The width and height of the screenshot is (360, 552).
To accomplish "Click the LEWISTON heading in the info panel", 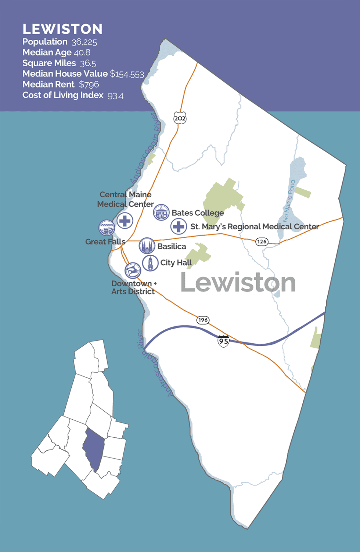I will [x=62, y=29].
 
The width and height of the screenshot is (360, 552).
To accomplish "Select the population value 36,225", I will [x=84, y=42].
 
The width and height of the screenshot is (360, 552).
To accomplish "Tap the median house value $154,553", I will [x=127, y=74].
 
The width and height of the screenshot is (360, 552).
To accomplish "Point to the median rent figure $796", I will [x=89, y=85].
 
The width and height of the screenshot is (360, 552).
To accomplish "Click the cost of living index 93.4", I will [x=115, y=96].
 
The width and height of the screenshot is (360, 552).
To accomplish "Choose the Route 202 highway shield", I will [x=180, y=118].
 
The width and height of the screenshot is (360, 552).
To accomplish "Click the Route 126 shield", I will [x=262, y=241].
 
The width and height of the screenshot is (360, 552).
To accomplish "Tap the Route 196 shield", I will [x=203, y=320].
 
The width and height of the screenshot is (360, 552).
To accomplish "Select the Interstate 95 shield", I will [x=223, y=341].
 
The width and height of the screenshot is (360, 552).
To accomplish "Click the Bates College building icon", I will [x=161, y=212].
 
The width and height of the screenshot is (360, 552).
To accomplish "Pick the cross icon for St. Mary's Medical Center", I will [x=179, y=226].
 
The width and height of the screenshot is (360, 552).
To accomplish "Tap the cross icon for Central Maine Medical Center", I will [x=125, y=221].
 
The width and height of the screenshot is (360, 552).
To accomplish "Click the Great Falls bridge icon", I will [x=107, y=228].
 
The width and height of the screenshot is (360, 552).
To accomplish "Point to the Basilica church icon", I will [x=147, y=246].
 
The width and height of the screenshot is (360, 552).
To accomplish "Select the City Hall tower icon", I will [x=150, y=263].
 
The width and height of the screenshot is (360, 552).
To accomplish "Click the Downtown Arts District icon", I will [x=133, y=271].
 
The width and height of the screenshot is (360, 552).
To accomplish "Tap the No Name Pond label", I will [x=289, y=201].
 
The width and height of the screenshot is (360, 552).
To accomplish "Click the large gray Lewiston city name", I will [x=238, y=283].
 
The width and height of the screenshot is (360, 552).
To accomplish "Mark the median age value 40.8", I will [x=82, y=53].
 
